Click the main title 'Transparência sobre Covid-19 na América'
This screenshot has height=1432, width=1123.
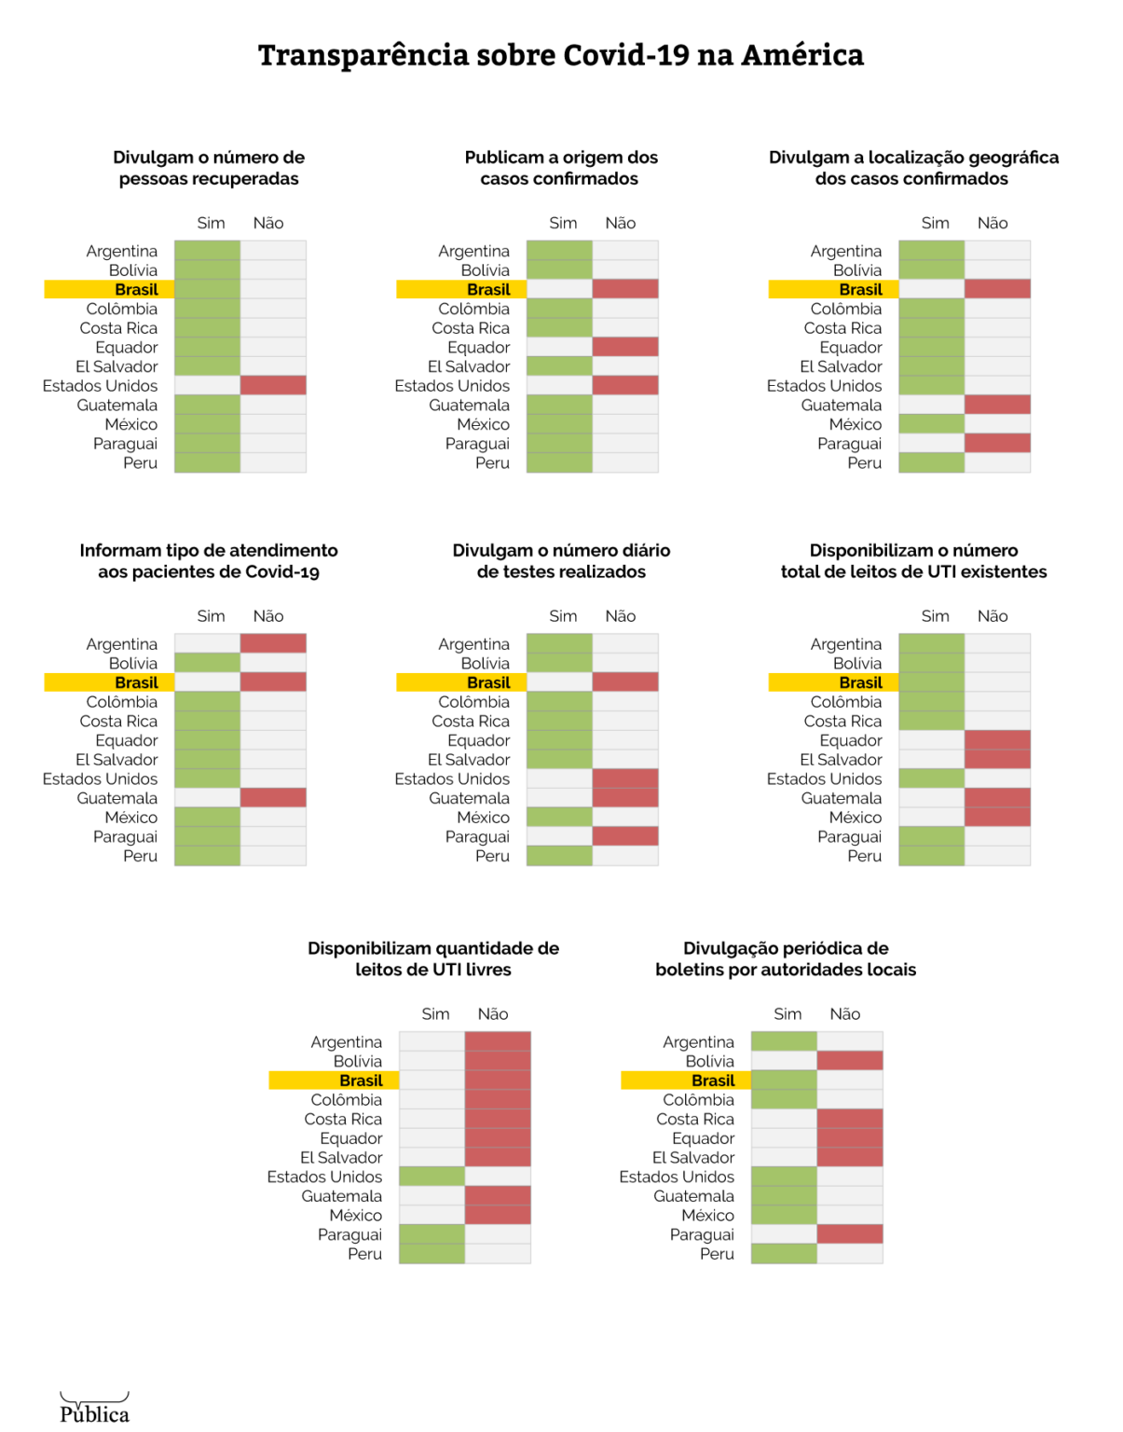click(x=561, y=55)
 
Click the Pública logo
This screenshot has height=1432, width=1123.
click(x=94, y=1410)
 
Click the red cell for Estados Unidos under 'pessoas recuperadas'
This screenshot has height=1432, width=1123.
click(x=273, y=385)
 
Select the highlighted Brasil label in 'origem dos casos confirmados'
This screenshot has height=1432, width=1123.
click(x=487, y=289)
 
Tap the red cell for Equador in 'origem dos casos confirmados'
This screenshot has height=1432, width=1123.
click(x=625, y=347)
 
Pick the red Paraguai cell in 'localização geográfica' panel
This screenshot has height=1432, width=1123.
click(x=997, y=443)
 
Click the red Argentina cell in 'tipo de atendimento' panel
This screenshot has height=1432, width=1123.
click(x=273, y=643)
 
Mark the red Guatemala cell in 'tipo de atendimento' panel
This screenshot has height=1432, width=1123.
click(x=273, y=798)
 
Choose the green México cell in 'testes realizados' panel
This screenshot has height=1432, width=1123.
click(x=559, y=817)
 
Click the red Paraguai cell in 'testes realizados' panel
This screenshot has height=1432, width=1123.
click(x=625, y=836)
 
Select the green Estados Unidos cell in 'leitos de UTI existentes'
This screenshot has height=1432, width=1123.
click(x=931, y=778)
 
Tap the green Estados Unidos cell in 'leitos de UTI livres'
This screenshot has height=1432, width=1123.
click(x=431, y=1177)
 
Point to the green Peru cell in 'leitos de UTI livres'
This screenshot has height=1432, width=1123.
click(x=431, y=1254)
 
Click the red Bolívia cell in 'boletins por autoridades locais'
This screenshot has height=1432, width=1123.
click(x=850, y=1061)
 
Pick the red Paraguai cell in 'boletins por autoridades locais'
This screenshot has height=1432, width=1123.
click(x=850, y=1234)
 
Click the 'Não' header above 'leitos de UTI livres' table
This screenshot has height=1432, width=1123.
click(x=493, y=1013)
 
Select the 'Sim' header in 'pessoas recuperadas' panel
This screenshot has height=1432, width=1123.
click(x=211, y=223)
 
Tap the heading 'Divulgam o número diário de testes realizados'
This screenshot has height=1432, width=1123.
click(x=561, y=561)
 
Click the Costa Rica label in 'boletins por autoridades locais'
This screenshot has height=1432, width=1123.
click(x=695, y=1119)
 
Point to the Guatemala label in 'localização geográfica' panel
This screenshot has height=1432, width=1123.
click(x=841, y=405)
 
